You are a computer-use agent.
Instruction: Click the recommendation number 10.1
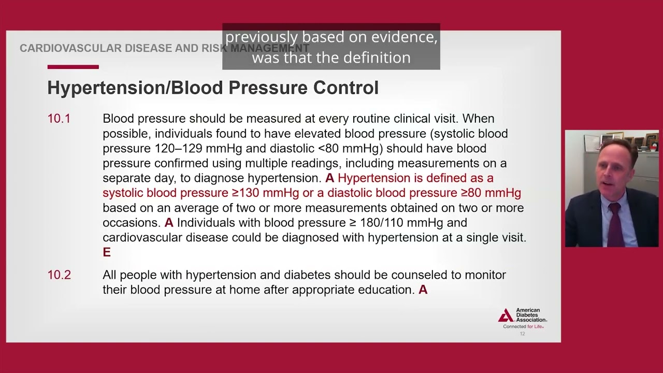click(x=59, y=119)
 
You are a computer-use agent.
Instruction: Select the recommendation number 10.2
click(x=59, y=275)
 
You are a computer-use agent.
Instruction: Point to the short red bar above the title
click(x=73, y=67)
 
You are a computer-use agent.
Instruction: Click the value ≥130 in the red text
click(x=246, y=193)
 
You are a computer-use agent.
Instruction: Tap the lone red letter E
click(x=107, y=252)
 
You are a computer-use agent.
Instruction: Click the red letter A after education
click(x=423, y=290)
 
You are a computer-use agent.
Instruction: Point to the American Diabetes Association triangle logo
click(x=506, y=315)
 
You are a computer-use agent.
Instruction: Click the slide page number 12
click(x=522, y=334)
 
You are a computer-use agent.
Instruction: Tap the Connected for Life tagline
click(x=523, y=327)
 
